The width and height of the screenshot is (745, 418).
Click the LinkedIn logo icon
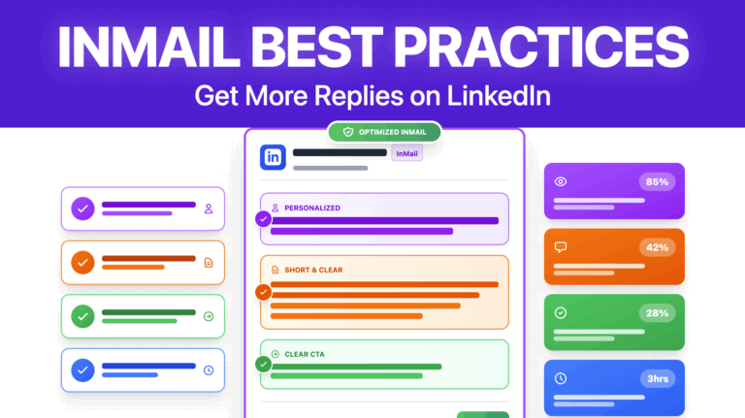(273, 156)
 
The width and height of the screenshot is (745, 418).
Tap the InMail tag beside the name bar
(406, 152)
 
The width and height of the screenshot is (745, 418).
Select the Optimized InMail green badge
(384, 132)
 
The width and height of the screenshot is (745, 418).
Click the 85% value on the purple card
(657, 181)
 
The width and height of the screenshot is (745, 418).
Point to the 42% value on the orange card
(657, 247)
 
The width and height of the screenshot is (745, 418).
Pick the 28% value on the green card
(657, 312)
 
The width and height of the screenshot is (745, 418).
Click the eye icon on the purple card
(560, 181)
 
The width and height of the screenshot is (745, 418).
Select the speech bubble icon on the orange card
(560, 247)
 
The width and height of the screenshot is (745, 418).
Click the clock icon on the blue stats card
(560, 378)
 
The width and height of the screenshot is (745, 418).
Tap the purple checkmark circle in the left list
(83, 208)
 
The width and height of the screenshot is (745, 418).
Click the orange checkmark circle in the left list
(83, 262)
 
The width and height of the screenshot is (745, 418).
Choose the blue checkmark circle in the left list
(83, 370)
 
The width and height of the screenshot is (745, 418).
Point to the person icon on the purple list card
(208, 209)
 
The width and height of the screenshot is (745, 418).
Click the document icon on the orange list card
(208, 262)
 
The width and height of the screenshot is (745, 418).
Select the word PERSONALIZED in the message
(311, 208)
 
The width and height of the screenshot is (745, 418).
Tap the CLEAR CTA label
(306, 354)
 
